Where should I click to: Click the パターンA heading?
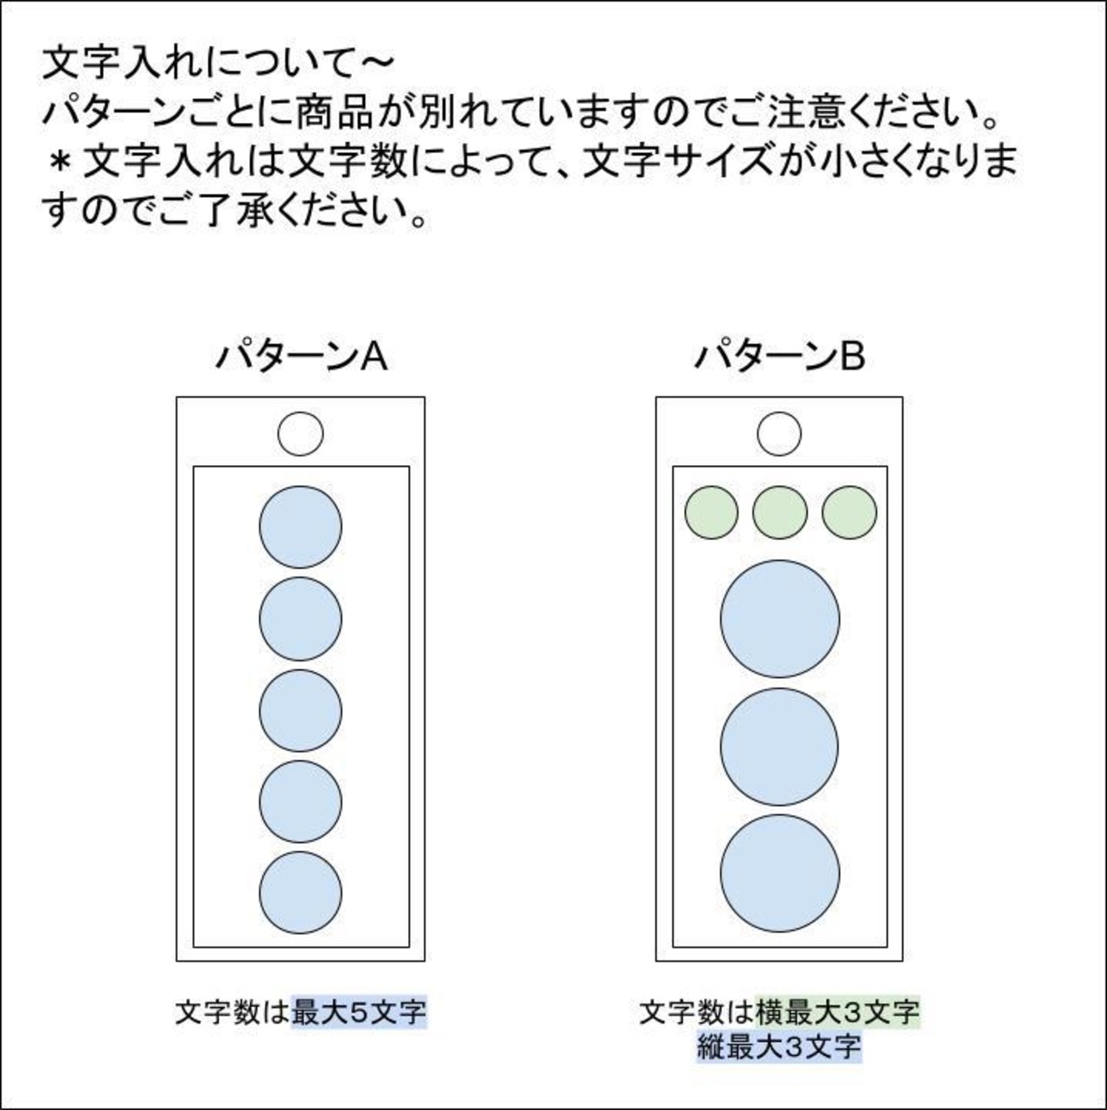[301, 356]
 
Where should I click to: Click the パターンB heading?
[779, 356]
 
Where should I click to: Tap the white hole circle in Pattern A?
[301, 434]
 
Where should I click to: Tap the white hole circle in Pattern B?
[779, 434]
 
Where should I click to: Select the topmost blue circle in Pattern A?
[301, 526]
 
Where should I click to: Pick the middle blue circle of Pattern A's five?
[301, 711]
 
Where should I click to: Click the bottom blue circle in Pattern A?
[301, 893]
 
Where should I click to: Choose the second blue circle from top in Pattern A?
[301, 619]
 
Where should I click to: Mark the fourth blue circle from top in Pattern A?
[301, 802]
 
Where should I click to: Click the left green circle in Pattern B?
[711, 512]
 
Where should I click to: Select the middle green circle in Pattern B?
[779, 512]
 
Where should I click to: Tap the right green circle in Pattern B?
[848, 512]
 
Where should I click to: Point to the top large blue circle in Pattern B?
[779, 619]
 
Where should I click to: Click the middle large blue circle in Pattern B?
[779, 746]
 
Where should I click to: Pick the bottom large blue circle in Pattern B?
[779, 873]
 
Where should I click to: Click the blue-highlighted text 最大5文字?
[359, 1011]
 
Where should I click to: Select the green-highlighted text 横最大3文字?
[837, 1011]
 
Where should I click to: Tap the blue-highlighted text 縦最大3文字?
[779, 1047]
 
